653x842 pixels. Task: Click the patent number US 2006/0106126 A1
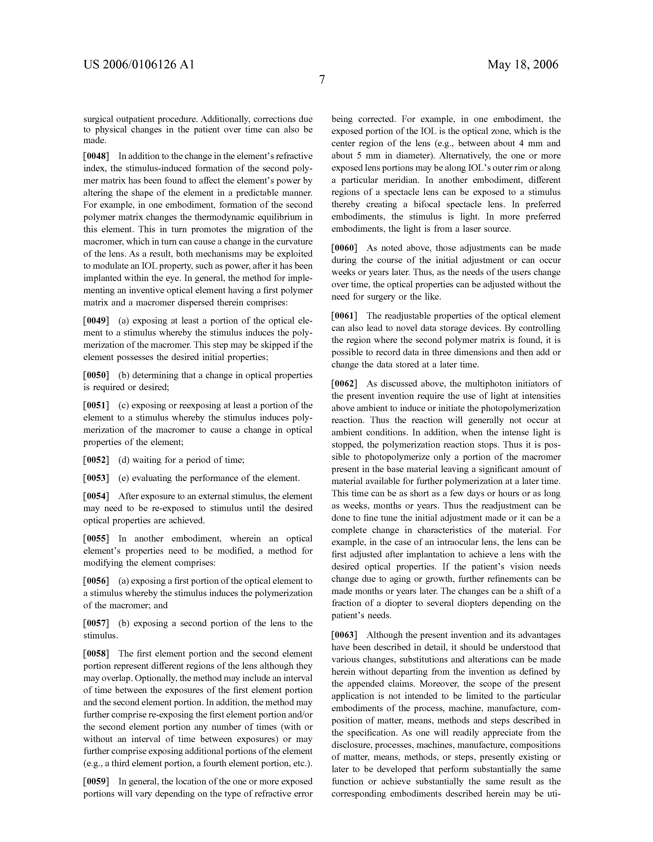139,64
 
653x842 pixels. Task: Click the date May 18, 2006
522,64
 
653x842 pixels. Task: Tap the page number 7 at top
322,80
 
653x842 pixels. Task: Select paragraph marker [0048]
96,156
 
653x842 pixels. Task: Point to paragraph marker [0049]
96,321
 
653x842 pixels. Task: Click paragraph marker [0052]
96,460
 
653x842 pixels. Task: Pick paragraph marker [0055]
96,539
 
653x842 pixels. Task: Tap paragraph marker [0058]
96,653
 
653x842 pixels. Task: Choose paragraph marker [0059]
96,782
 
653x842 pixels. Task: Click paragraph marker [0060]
345,248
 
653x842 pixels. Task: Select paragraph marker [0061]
345,316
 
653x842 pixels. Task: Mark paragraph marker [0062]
345,383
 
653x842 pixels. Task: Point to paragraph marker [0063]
345,635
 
